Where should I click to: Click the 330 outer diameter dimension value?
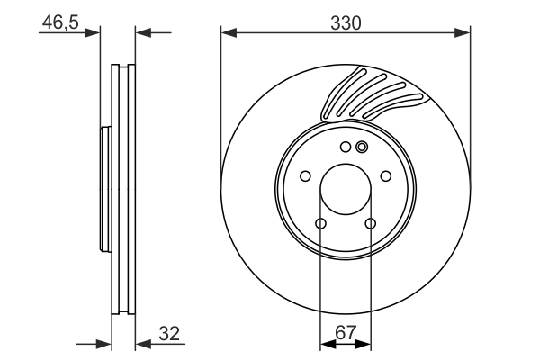(346, 23)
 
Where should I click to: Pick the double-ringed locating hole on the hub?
(362, 148)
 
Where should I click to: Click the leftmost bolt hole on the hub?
(305, 176)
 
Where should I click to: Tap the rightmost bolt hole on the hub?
(386, 176)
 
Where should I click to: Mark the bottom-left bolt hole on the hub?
(321, 224)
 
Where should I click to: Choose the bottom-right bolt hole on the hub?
(370, 224)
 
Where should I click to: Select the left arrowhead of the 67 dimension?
(326, 343)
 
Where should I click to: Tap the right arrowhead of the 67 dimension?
(364, 343)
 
